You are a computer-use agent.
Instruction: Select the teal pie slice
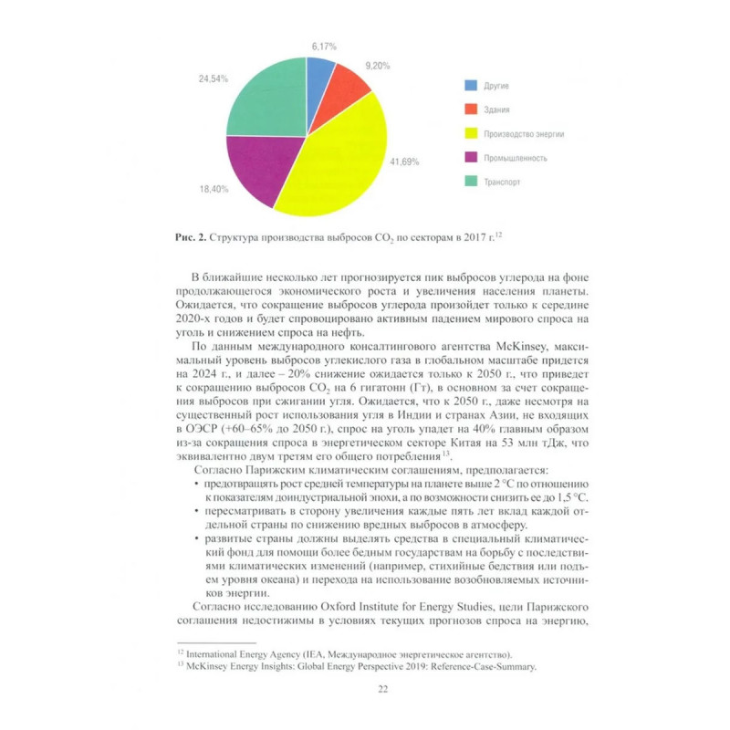click(x=265, y=100)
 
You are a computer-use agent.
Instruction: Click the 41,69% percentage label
click(x=404, y=162)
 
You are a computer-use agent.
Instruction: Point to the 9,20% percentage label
click(x=378, y=66)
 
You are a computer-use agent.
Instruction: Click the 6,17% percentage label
click(x=324, y=46)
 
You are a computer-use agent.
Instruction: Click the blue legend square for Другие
click(x=471, y=86)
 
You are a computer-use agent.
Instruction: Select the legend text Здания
click(x=498, y=109)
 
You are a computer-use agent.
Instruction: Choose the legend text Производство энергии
click(x=524, y=134)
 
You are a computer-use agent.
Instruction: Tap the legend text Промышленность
click(x=516, y=158)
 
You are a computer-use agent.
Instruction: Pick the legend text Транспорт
click(x=503, y=182)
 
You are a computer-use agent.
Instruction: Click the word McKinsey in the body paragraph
click(x=493, y=348)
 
